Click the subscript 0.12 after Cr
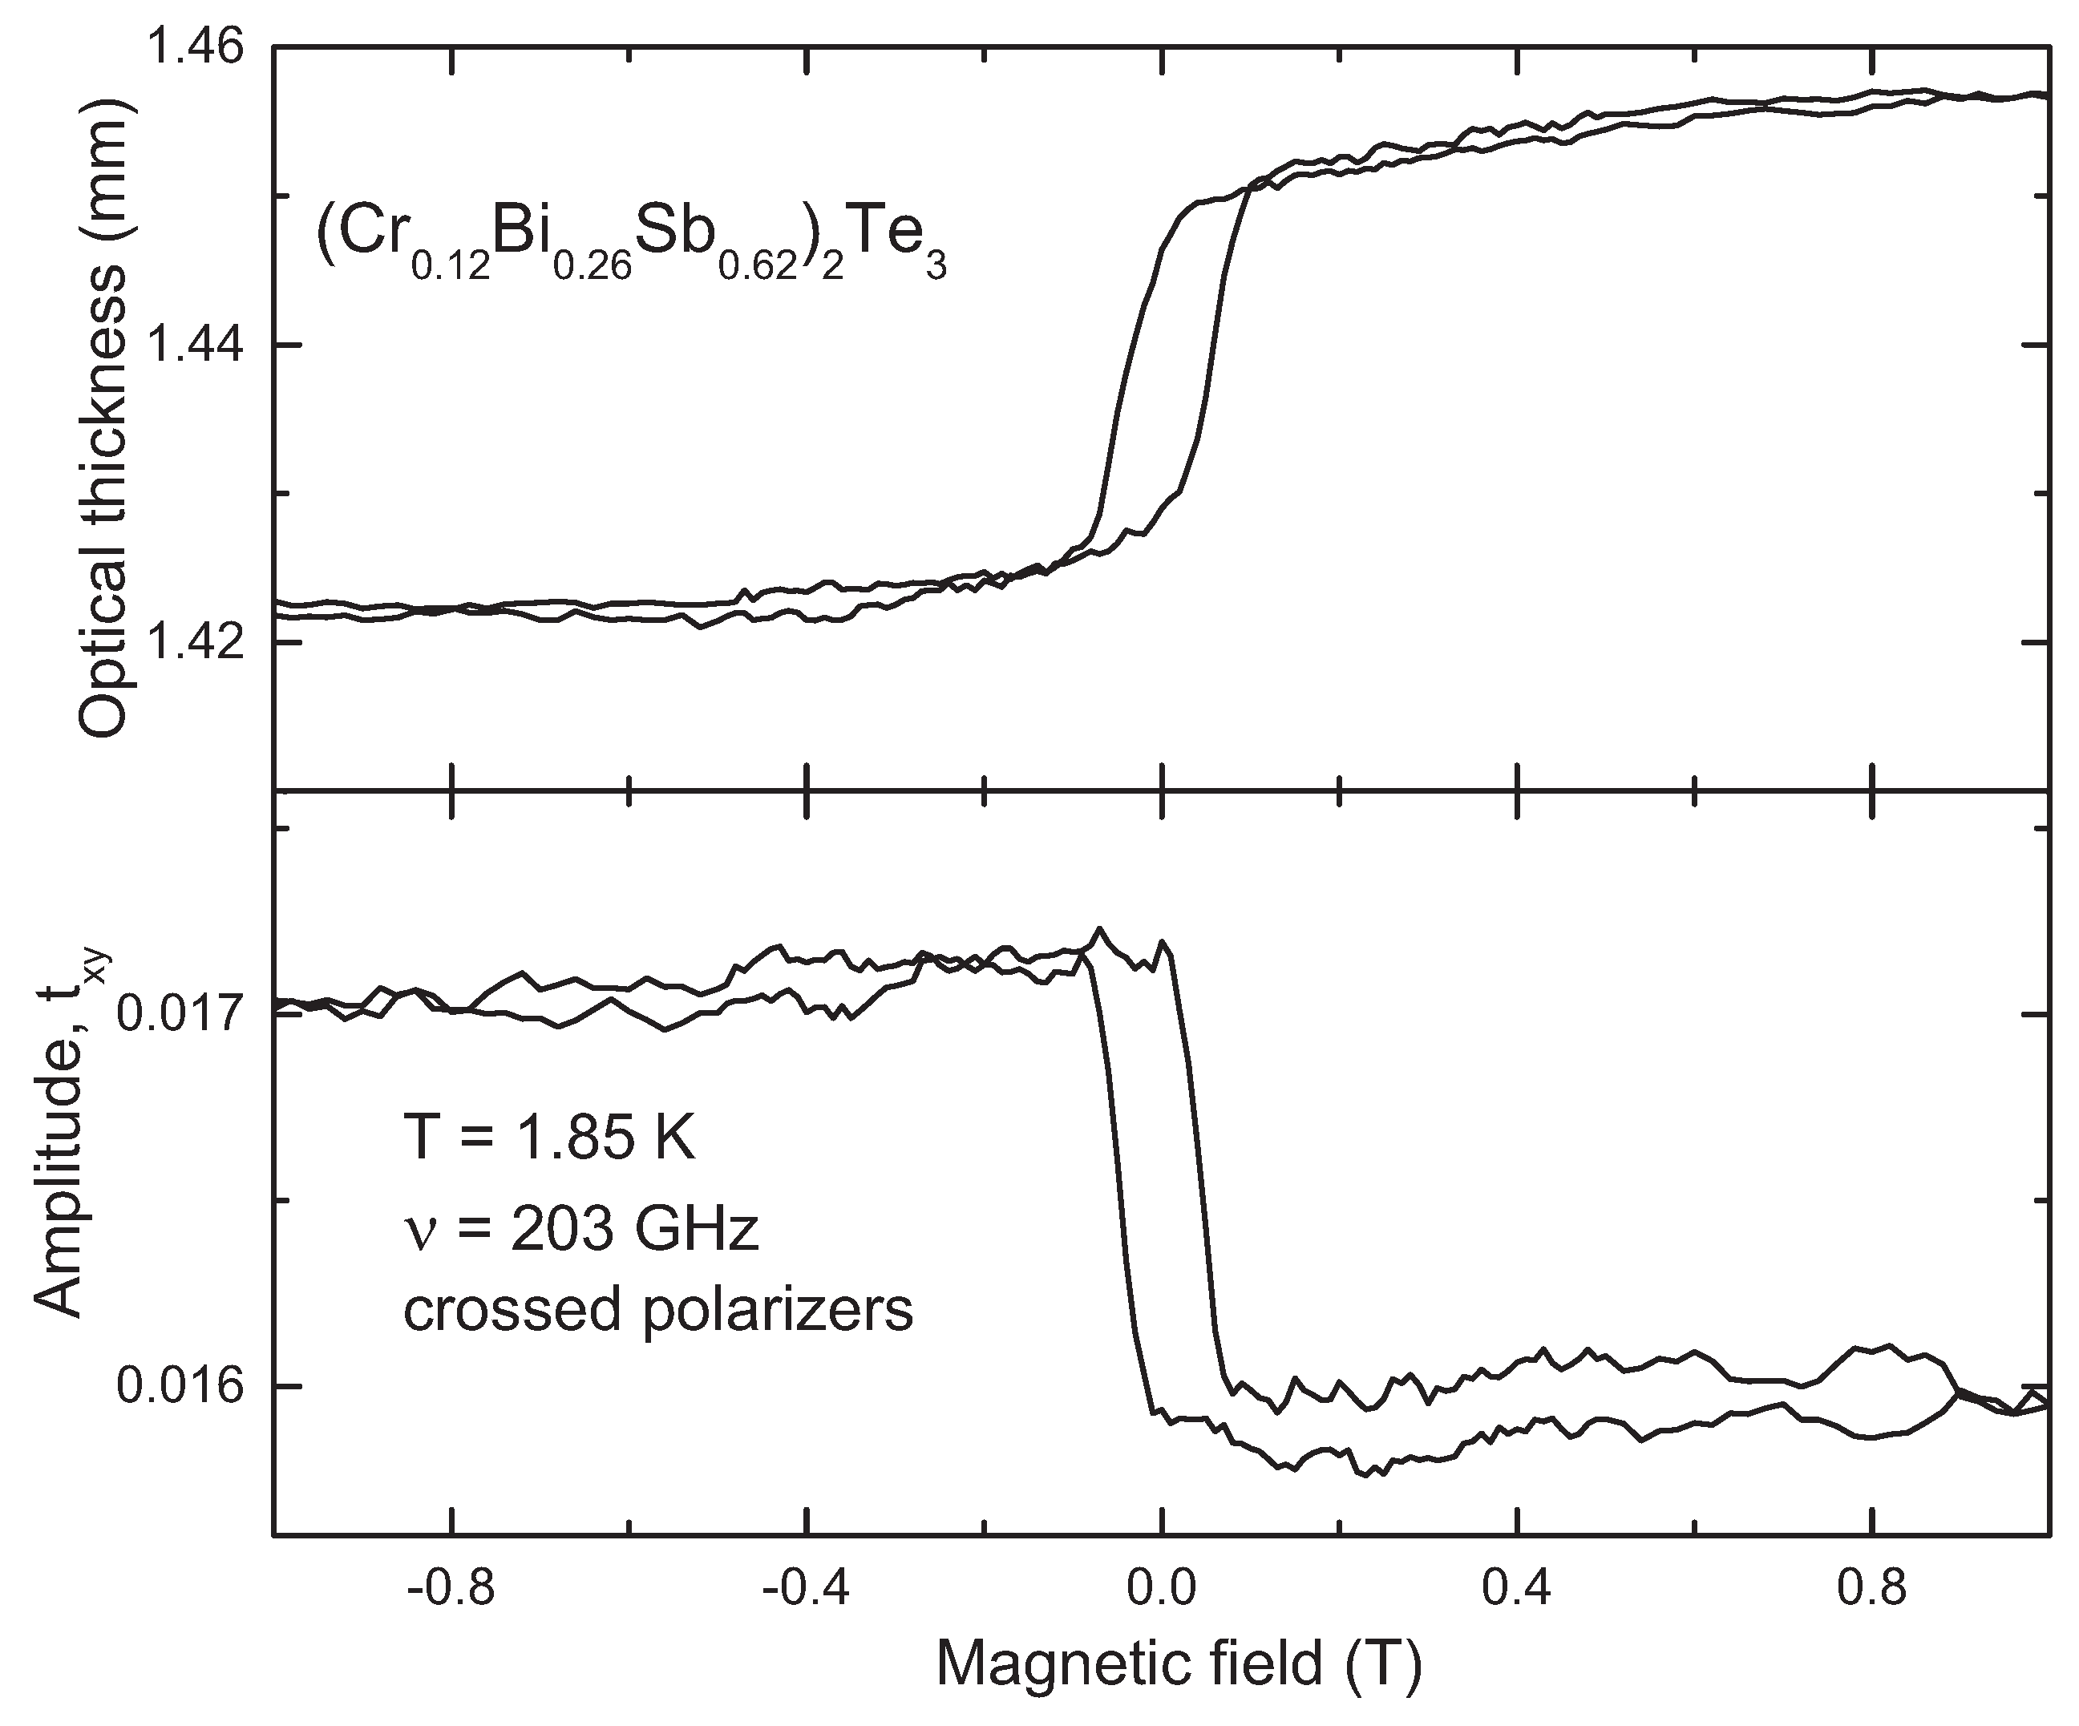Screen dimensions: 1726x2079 [x=451, y=269]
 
